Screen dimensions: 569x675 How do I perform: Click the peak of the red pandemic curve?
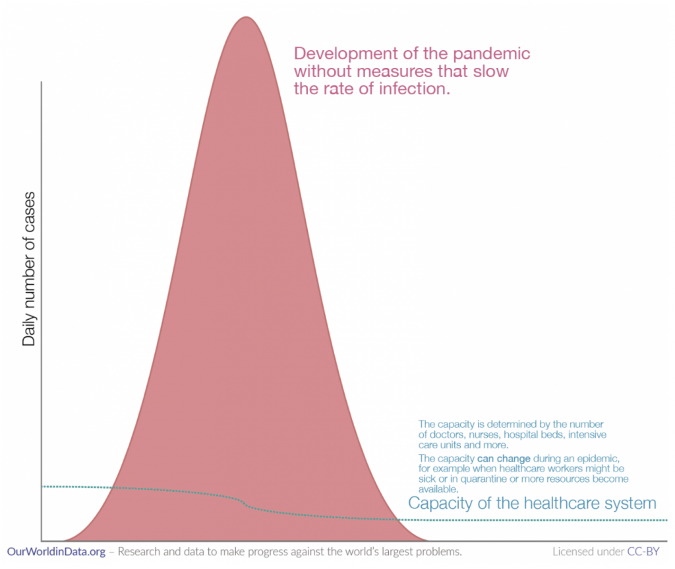coord(245,18)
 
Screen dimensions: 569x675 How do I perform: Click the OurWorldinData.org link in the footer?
coord(56,551)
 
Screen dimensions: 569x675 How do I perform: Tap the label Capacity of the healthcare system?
coord(532,504)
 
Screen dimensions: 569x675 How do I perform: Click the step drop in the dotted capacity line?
coord(245,504)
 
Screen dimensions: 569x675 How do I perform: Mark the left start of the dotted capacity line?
coord(43,486)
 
